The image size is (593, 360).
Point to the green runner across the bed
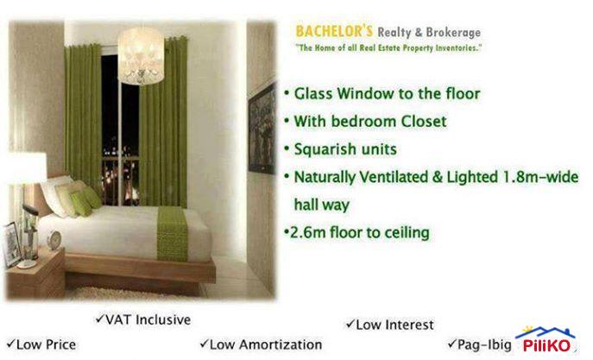pos(173,232)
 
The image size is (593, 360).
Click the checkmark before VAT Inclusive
pos(101,320)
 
